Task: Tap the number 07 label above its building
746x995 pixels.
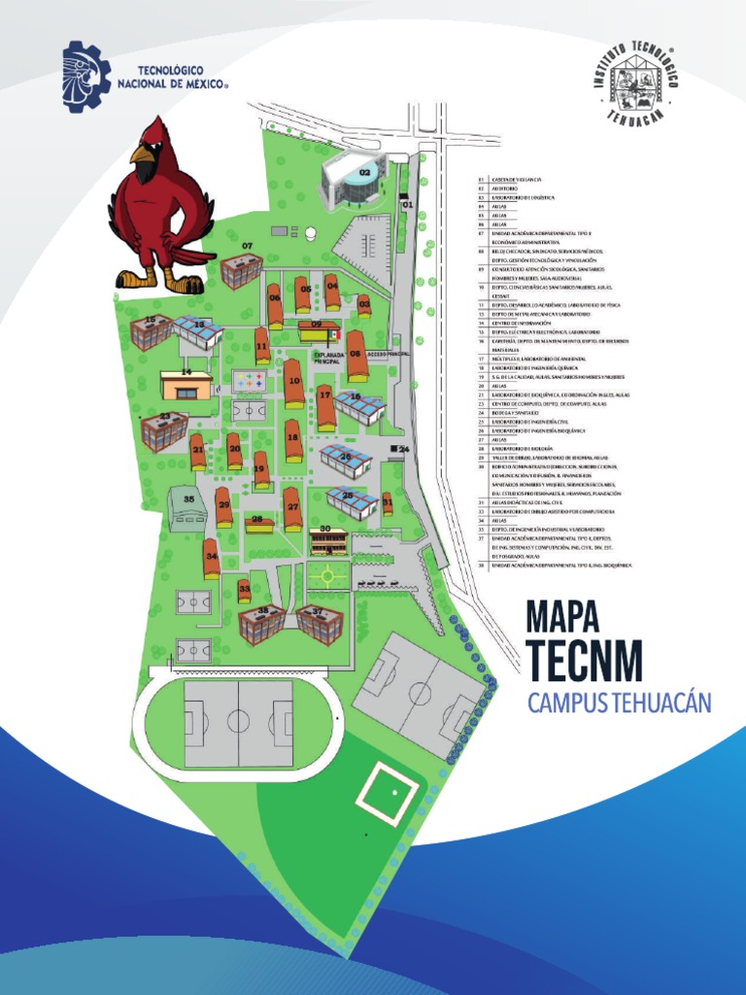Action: click(248, 246)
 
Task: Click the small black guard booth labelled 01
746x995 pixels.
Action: click(403, 197)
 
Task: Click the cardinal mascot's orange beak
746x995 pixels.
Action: click(143, 154)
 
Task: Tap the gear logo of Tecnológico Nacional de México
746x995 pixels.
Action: click(86, 76)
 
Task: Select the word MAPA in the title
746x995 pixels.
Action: click(562, 616)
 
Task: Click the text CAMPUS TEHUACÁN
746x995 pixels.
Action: click(619, 702)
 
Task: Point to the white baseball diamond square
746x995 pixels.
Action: click(393, 791)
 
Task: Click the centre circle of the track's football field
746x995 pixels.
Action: click(239, 722)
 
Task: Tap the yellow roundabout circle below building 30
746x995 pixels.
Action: click(328, 575)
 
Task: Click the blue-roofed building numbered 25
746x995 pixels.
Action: click(353, 502)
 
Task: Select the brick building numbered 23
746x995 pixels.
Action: click(164, 431)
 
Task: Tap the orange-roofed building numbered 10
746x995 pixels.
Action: click(293, 383)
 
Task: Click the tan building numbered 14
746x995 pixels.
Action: click(186, 387)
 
